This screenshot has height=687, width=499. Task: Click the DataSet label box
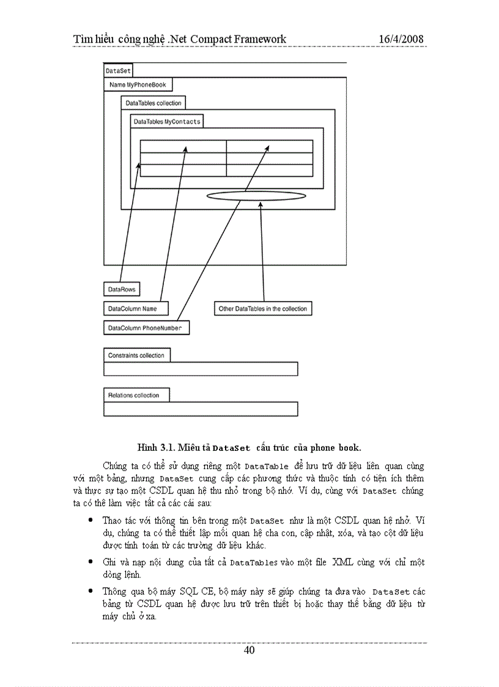click(118, 71)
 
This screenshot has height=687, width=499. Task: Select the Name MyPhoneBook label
click(138, 84)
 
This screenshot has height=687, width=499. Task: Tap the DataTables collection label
click(153, 103)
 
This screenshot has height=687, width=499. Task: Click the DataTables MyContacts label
click(166, 121)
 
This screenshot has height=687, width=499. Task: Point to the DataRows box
click(122, 289)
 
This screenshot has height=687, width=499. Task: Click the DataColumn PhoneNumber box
click(146, 329)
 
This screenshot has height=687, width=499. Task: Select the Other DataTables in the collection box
click(262, 309)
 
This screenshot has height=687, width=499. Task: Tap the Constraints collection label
click(136, 355)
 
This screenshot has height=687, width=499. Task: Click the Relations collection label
click(136, 395)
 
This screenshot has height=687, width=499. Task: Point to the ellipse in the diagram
click(255, 196)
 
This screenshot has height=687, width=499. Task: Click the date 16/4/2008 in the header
click(401, 39)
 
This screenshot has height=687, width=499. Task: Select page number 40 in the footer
click(249, 650)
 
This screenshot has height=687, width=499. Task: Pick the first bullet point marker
click(91, 520)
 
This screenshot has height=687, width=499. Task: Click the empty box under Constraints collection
click(201, 369)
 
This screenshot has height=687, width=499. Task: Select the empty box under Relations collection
click(201, 409)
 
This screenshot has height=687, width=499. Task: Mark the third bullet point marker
click(91, 591)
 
